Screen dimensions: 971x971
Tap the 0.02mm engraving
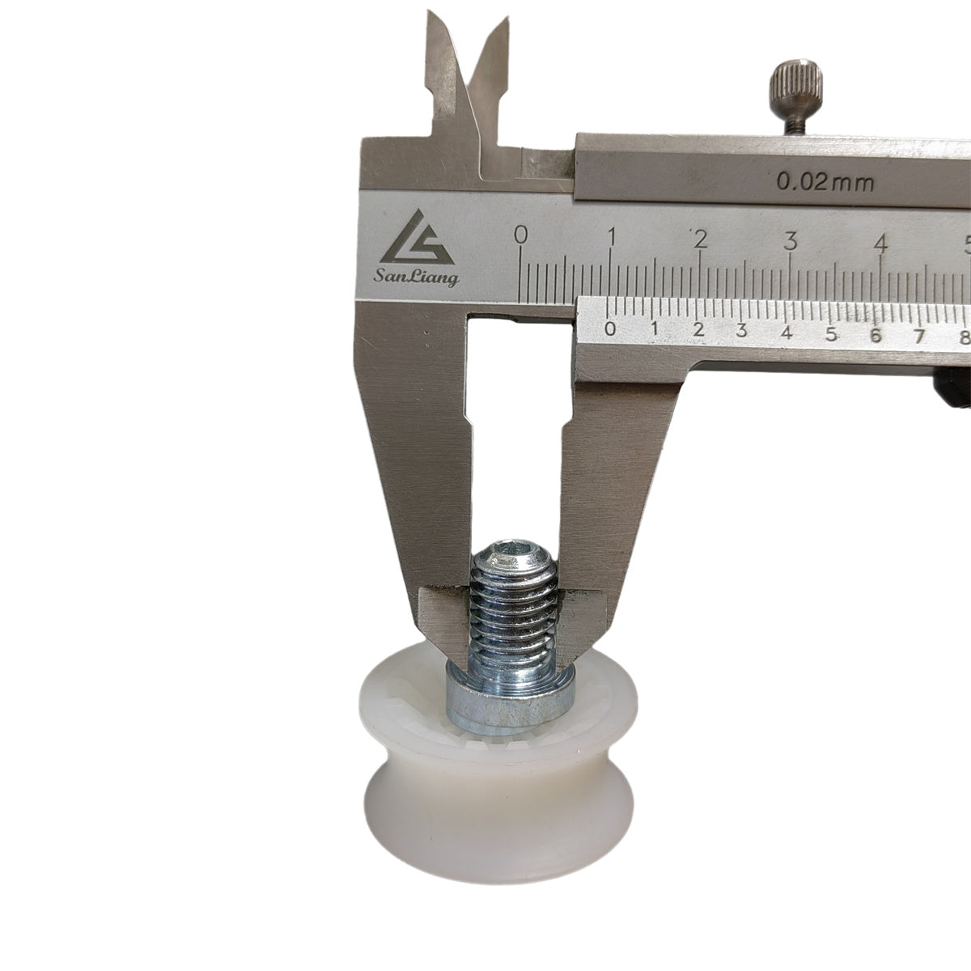coord(825,182)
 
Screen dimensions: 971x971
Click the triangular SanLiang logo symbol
coord(417,237)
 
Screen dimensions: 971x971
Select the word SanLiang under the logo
coord(416,277)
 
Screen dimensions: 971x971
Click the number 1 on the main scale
coord(611,237)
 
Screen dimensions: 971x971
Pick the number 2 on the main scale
coord(701,240)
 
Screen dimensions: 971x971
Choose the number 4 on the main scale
coord(881,244)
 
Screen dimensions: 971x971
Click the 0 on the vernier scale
coord(610,329)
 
